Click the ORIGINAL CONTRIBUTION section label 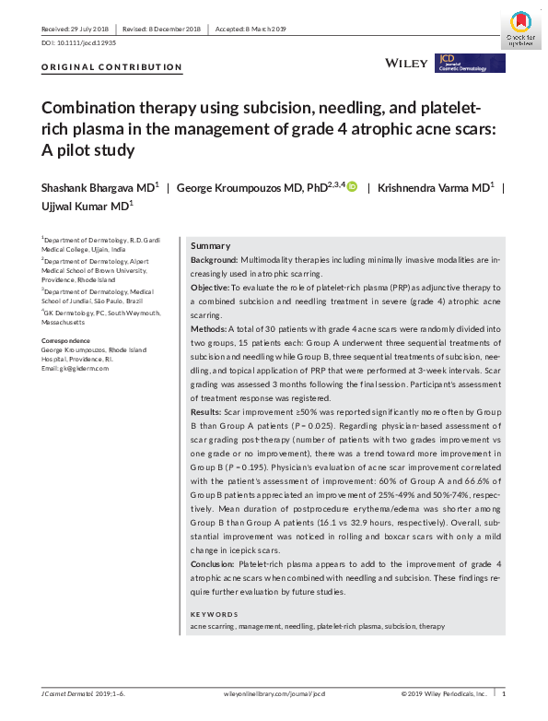pos(112,67)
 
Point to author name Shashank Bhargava pos(96,187)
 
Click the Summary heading pos(210,246)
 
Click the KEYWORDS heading pos(214,614)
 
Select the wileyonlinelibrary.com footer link pos(274,693)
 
